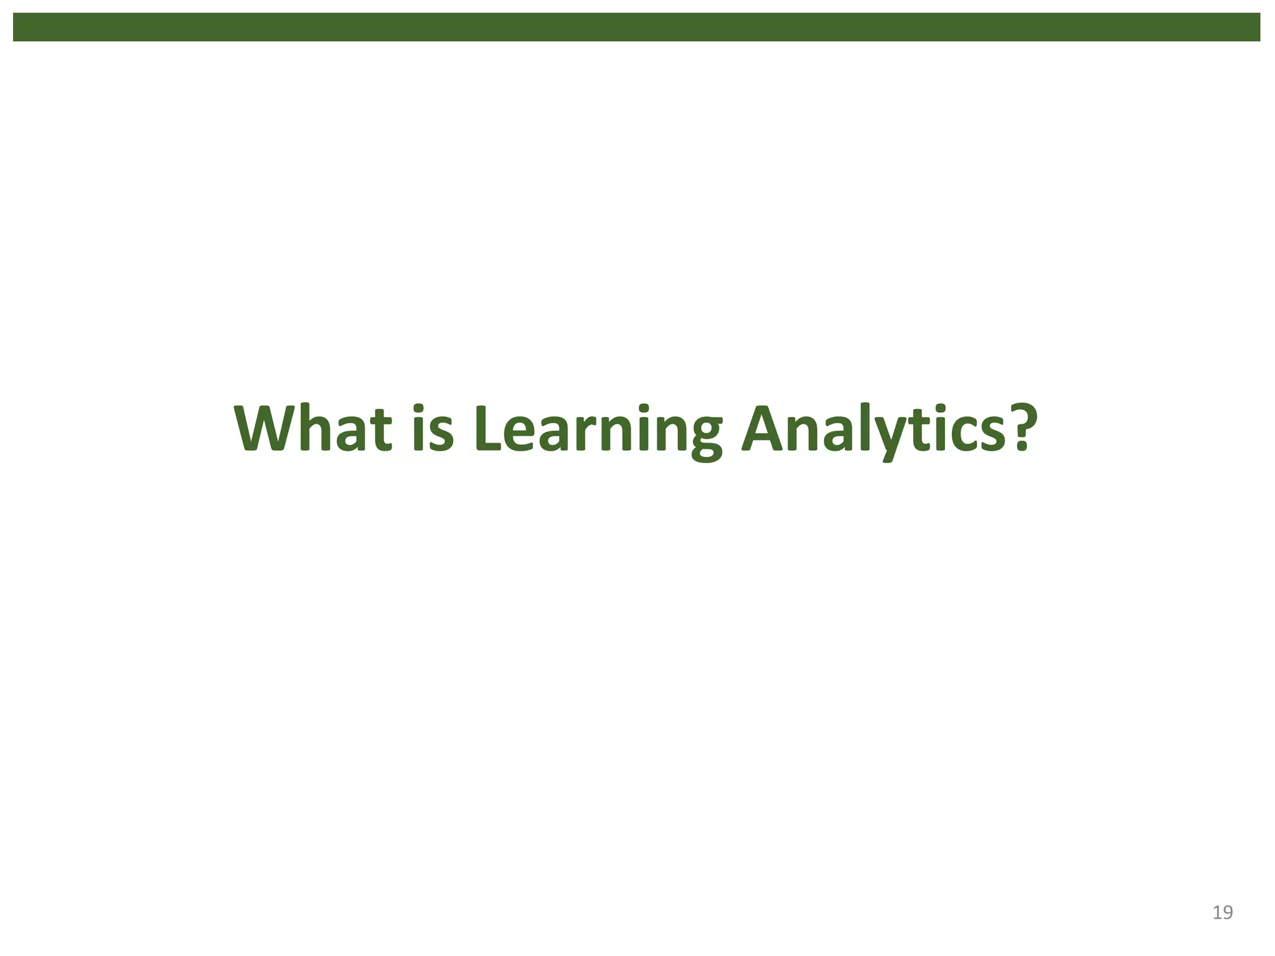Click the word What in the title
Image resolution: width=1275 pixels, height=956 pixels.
tap(313, 429)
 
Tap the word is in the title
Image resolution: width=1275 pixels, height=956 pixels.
tap(432, 429)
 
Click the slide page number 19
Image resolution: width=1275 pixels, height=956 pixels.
tap(1223, 912)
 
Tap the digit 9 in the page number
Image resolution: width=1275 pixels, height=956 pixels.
tap(1228, 912)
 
